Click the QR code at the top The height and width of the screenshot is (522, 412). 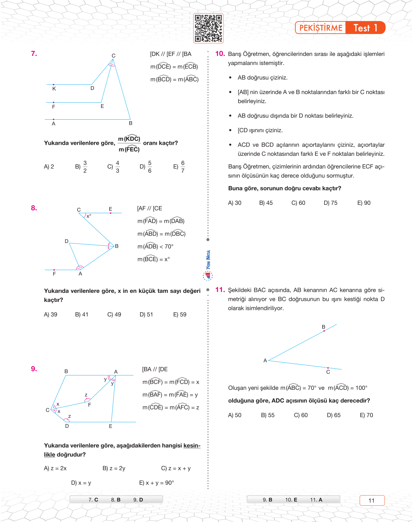[208, 28]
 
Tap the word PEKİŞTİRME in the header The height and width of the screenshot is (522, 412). [321, 28]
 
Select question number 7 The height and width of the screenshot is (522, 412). [34, 54]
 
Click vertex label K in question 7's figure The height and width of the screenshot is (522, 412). [54, 89]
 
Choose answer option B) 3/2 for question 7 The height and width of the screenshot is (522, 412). [81, 166]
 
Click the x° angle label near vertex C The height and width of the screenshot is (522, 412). [89, 216]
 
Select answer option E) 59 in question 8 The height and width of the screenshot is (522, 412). [180, 314]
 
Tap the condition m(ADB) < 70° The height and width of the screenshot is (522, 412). [155, 247]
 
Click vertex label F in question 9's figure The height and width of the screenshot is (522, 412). [90, 405]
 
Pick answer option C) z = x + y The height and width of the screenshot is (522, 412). [176, 468]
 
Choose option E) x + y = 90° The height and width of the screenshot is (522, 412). [156, 483]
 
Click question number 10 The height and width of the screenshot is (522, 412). [220, 54]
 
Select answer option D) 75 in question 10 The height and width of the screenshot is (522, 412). [330, 203]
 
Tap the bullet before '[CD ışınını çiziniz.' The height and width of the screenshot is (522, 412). [230, 130]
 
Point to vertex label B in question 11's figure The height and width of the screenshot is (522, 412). [323, 327]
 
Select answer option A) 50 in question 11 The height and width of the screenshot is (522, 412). [235, 415]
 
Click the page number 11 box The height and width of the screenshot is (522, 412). [372, 500]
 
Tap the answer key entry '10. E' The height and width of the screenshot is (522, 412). [291, 500]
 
